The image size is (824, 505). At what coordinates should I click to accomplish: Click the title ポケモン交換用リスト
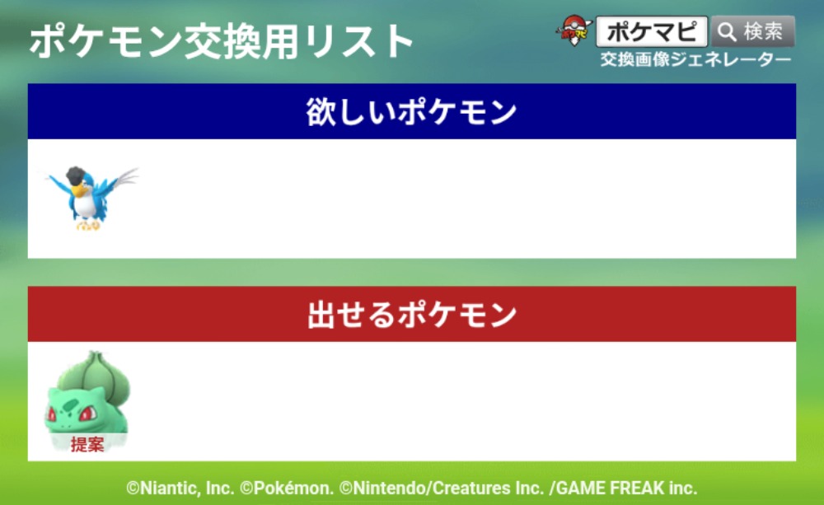click(x=221, y=41)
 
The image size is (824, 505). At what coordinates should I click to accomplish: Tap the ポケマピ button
click(x=652, y=31)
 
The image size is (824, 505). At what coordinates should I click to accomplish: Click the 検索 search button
click(x=752, y=31)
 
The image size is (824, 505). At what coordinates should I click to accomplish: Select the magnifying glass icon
click(x=728, y=32)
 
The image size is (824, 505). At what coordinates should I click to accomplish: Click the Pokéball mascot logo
click(x=574, y=30)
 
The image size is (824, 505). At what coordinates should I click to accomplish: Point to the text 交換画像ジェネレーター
click(x=695, y=59)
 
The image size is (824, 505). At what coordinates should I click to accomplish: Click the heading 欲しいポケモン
click(x=411, y=112)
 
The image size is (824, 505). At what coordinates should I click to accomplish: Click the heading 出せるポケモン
click(x=411, y=315)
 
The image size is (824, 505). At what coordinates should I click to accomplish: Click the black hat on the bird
click(x=77, y=175)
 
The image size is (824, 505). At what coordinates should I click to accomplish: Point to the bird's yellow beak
click(x=79, y=191)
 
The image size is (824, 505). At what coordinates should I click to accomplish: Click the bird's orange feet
click(x=88, y=226)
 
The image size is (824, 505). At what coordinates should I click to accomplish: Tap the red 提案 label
click(x=87, y=445)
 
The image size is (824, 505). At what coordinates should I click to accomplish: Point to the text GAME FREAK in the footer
click(x=611, y=489)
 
